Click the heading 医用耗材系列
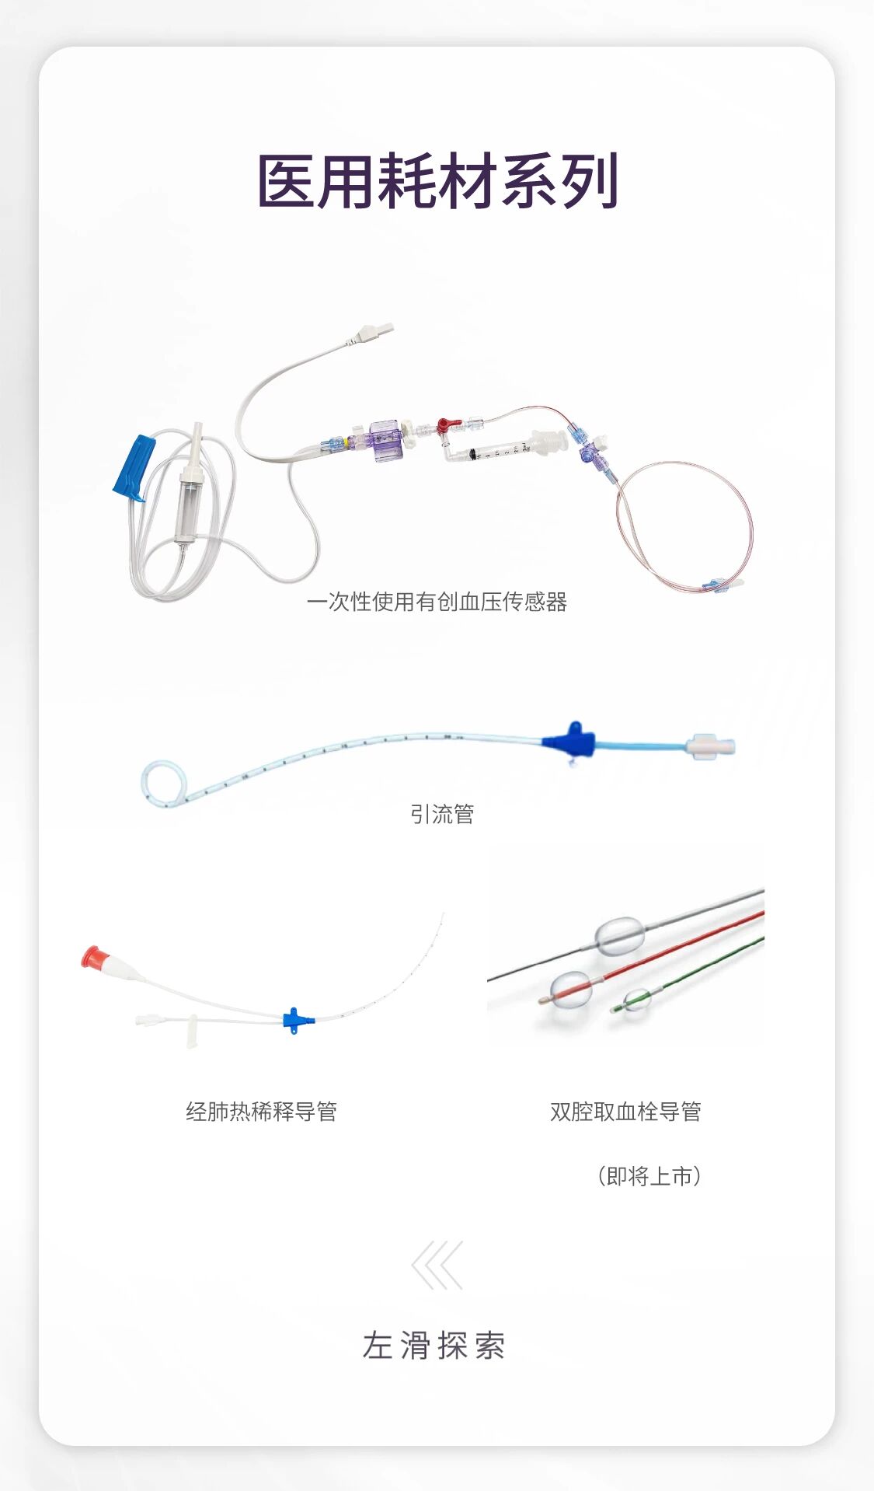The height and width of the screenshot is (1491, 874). (437, 181)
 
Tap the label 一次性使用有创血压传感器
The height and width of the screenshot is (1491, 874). (437, 602)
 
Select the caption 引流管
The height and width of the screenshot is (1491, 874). (442, 814)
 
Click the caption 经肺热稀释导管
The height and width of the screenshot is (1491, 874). (261, 1112)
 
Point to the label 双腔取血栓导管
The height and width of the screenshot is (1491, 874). (625, 1112)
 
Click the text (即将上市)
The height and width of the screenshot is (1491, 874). (649, 1176)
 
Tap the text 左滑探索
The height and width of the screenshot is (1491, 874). (434, 1346)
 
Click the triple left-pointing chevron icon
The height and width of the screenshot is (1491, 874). (437, 1265)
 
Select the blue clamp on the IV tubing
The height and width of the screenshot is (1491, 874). (134, 466)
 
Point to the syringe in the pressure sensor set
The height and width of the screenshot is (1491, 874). (497, 451)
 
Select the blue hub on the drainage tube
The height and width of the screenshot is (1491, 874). (571, 742)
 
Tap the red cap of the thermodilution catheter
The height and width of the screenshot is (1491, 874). (92, 957)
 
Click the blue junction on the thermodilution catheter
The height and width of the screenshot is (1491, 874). (294, 1019)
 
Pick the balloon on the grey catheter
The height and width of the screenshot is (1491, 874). (619, 935)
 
